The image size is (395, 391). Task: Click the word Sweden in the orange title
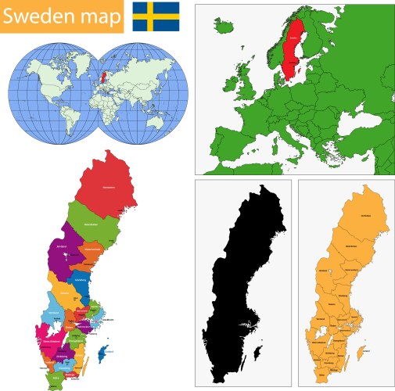click(39, 16)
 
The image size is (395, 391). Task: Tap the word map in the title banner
click(96, 16)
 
